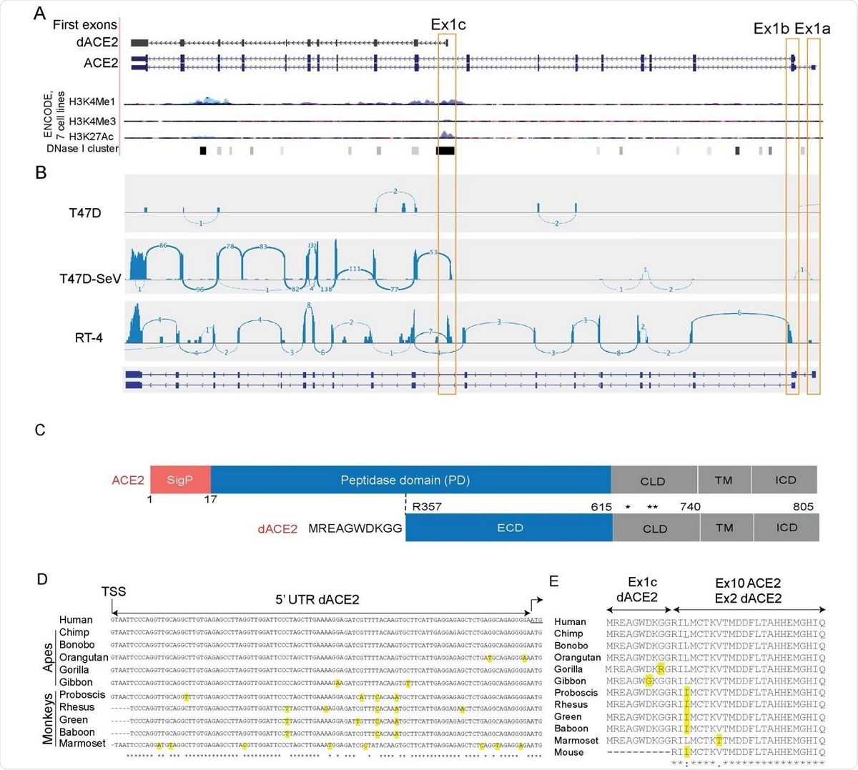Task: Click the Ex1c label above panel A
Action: pyautogui.click(x=448, y=25)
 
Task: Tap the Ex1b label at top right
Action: pyautogui.click(x=771, y=29)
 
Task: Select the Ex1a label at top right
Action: pyautogui.click(x=812, y=29)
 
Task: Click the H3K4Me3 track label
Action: pyautogui.click(x=92, y=122)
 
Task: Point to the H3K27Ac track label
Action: pyautogui.click(x=91, y=137)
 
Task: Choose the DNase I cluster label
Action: pyautogui.click(x=82, y=149)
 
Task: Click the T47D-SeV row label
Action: pyautogui.click(x=90, y=279)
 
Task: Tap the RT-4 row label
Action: pyautogui.click(x=89, y=337)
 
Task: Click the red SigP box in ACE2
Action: pyautogui.click(x=180, y=480)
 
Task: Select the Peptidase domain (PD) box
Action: pyautogui.click(x=405, y=480)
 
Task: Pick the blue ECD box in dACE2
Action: pyautogui.click(x=510, y=528)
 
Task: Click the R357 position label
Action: pyautogui.click(x=427, y=507)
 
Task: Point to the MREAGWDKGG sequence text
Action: pyautogui.click(x=355, y=528)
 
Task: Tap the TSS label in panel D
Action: pyautogui.click(x=114, y=591)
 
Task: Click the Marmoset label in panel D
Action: pyautogui.click(x=82, y=744)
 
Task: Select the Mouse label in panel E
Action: pyautogui.click(x=568, y=752)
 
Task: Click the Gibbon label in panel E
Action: pyautogui.click(x=570, y=681)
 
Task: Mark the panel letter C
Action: pyautogui.click(x=40, y=430)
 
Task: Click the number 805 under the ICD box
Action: pyautogui.click(x=803, y=507)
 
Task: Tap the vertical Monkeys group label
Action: pyautogui.click(x=49, y=718)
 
